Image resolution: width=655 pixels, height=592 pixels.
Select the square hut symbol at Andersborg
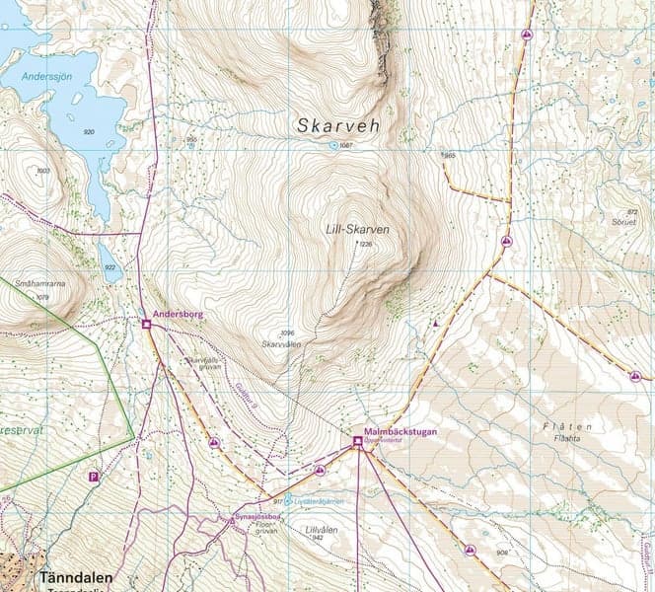tap(146, 324)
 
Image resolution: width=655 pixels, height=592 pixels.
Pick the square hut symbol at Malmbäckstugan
tap(357, 441)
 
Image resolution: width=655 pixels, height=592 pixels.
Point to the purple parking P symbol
tap(94, 477)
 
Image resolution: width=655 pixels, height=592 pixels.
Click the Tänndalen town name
tap(76, 577)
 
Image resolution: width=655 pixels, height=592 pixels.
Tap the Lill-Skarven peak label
tap(357, 229)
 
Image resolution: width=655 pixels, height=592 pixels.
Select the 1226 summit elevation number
tap(367, 244)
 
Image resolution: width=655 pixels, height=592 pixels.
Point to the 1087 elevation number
tap(345, 146)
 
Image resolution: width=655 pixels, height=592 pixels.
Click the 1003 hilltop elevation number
tap(42, 171)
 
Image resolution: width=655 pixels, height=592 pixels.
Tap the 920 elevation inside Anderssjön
tap(89, 131)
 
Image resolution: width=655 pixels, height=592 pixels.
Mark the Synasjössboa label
tap(251, 517)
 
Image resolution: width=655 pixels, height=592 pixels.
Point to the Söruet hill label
tap(625, 221)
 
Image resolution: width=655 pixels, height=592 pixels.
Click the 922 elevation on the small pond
tap(110, 267)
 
